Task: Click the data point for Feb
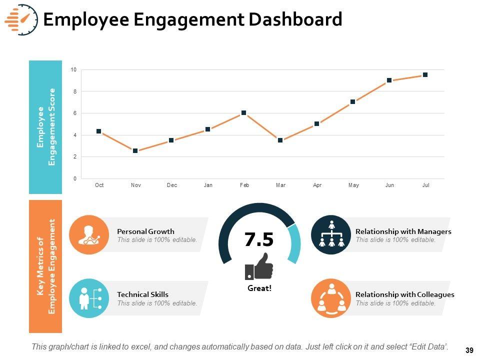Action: pyautogui.click(x=243, y=113)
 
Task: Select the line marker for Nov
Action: pyautogui.click(x=135, y=150)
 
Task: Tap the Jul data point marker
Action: pyautogui.click(x=425, y=75)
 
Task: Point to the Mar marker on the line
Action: pyautogui.click(x=280, y=140)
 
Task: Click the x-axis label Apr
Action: pyautogui.click(x=317, y=185)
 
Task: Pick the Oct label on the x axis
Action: pyautogui.click(x=99, y=185)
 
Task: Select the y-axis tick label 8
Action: pyautogui.click(x=74, y=91)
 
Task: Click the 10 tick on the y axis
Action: pyautogui.click(x=73, y=70)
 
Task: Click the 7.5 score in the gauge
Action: pyautogui.click(x=259, y=240)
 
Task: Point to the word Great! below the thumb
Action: pyautogui.click(x=259, y=288)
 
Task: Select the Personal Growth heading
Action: pyautogui.click(x=145, y=231)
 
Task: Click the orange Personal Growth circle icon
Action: pyautogui.click(x=88, y=235)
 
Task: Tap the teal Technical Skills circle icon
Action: pyautogui.click(x=88, y=298)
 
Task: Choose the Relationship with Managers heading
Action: pyautogui.click(x=403, y=231)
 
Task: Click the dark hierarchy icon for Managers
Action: pyautogui.click(x=331, y=235)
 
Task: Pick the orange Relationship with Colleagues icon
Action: pyautogui.click(x=331, y=298)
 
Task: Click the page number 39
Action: pyautogui.click(x=468, y=350)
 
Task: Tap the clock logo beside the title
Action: pyautogui.click(x=21, y=20)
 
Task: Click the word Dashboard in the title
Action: pyautogui.click(x=293, y=19)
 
